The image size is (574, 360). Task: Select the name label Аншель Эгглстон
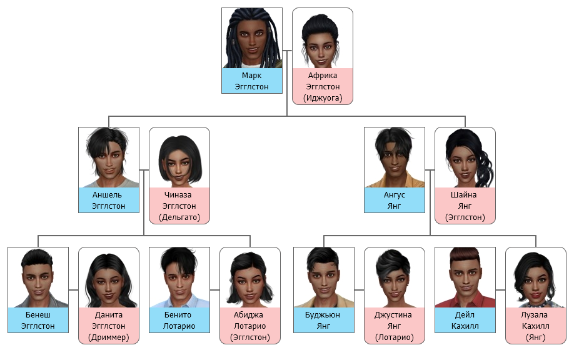(109, 200)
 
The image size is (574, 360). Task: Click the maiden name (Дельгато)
(179, 217)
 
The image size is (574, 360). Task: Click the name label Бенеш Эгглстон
(38, 320)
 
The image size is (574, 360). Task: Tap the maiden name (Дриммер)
(109, 337)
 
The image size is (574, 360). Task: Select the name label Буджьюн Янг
(324, 320)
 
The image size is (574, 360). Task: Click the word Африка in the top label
(323, 76)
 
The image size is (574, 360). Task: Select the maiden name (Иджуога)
(323, 97)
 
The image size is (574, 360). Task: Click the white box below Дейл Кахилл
(465, 341)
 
